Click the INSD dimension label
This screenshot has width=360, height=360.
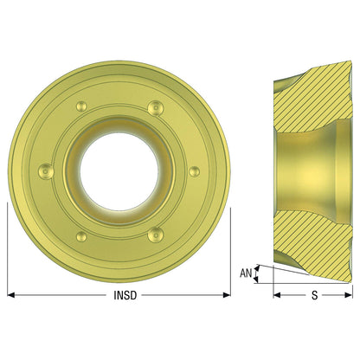coord(125,295)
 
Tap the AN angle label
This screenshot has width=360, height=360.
coord(246,273)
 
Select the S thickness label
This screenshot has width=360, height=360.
coord(315,295)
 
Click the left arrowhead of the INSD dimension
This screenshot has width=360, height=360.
coord(11,295)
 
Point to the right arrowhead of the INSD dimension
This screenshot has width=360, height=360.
coord(227,295)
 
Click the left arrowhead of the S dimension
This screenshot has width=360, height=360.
coord(277,295)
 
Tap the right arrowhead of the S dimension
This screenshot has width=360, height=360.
coord(349,295)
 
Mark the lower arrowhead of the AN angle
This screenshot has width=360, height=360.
coord(255,280)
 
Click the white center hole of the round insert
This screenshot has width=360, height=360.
coord(119,171)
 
